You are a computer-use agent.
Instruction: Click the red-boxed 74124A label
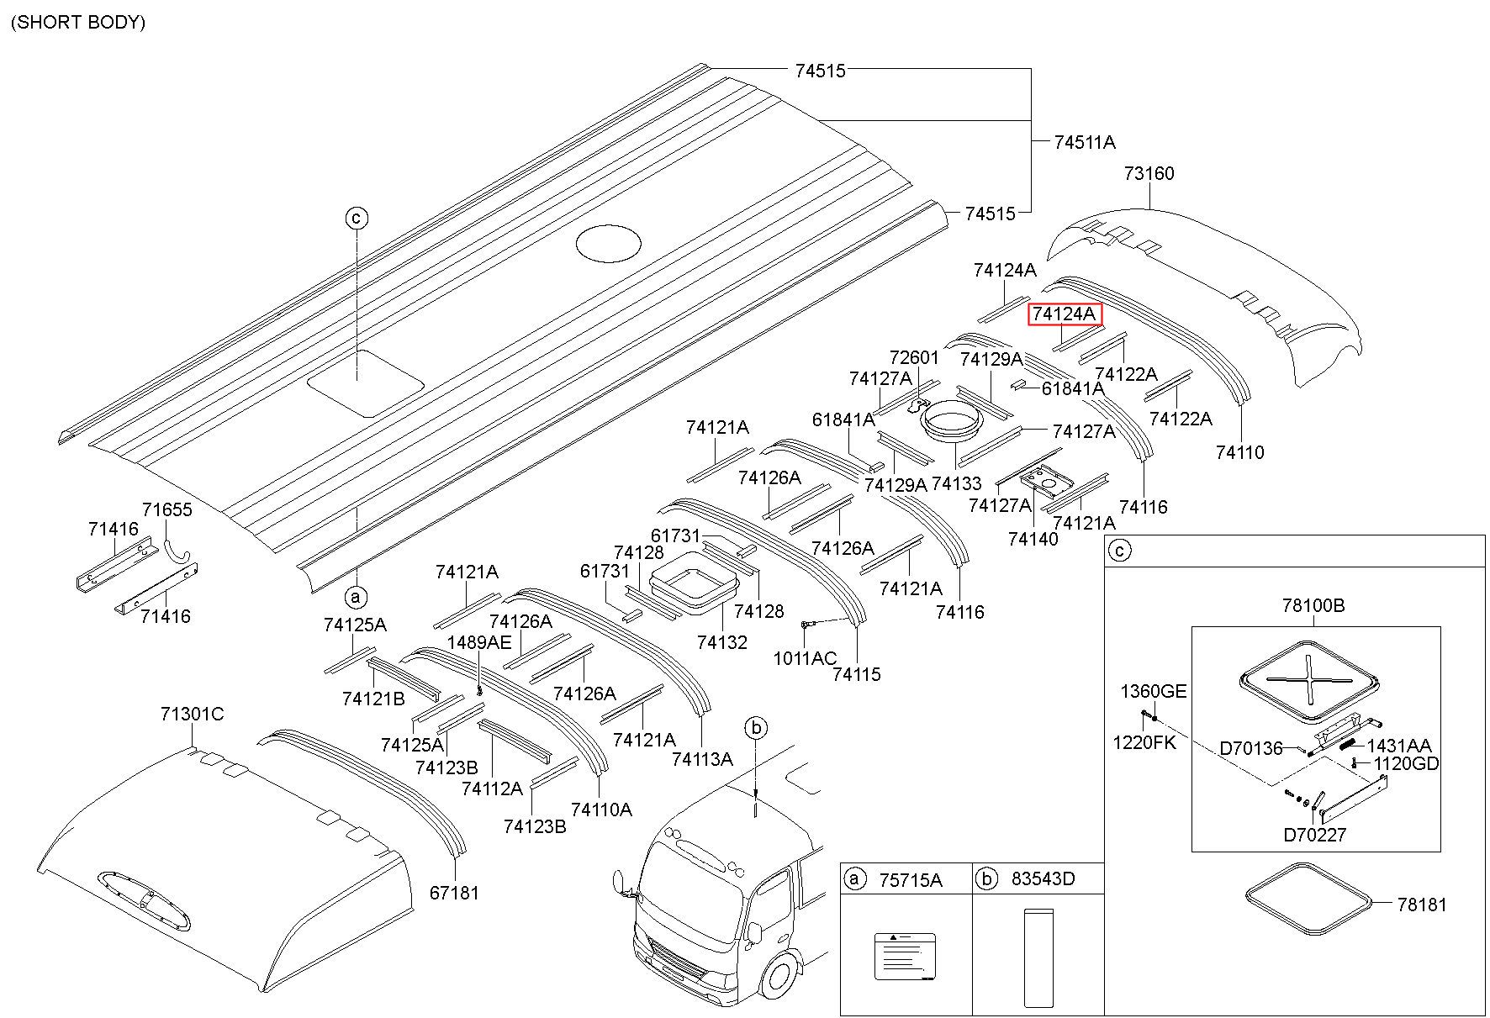1065,314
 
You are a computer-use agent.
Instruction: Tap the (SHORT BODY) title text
78,22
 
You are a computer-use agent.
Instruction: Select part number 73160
1149,173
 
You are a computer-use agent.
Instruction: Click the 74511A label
1085,142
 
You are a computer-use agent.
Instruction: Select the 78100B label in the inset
1313,605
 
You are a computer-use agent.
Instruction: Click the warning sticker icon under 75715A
905,956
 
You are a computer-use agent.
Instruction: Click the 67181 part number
454,893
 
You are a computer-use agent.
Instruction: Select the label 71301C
193,714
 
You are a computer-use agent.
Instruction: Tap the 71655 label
166,509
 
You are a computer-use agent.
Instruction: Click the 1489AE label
478,642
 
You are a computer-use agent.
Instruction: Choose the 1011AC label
806,658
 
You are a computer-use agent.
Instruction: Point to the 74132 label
721,642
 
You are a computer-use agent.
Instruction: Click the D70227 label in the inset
1315,835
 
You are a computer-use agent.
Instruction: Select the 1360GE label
1154,691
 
